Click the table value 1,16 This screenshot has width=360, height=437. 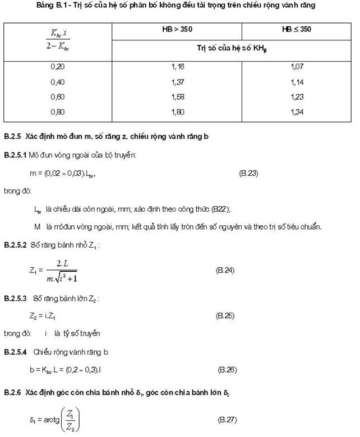point(178,67)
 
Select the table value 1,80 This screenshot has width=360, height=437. point(178,112)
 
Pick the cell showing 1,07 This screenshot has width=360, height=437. point(297,67)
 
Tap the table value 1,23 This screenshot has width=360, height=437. point(297,97)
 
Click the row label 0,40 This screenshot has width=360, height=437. point(57,82)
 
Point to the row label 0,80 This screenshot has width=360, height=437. point(57,112)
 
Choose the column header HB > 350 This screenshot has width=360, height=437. point(177,29)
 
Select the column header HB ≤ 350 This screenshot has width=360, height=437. point(297,29)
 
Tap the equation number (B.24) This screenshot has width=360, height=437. point(225,270)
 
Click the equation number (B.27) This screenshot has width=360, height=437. point(228,419)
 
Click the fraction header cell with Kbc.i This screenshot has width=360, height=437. point(57,39)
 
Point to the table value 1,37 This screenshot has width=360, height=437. point(178,82)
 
